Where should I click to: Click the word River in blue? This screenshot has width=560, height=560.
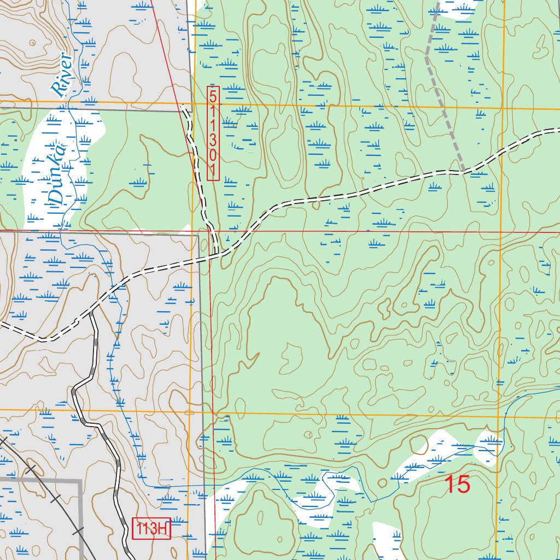[62, 75]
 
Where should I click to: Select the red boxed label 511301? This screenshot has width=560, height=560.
[213, 133]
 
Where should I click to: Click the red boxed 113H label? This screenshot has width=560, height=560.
[152, 529]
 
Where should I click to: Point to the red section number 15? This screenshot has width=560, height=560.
[457, 485]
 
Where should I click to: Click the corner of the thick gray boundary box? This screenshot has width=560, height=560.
[80, 480]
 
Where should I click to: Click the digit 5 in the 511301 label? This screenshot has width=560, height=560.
[213, 94]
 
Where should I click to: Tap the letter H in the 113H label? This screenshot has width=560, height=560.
[162, 529]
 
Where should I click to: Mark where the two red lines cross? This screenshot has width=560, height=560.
[209, 231]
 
